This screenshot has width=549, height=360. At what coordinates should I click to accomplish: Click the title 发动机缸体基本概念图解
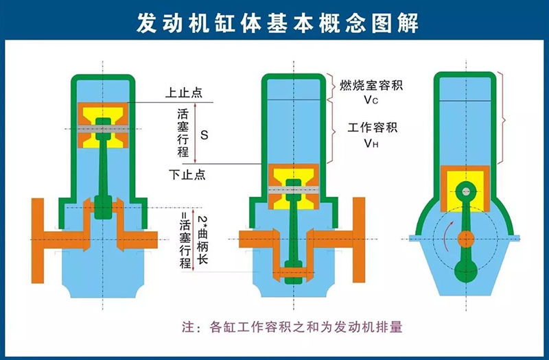point(277,23)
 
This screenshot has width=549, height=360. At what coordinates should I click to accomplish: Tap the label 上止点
point(184,93)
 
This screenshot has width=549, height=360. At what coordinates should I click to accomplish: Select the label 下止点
point(187,174)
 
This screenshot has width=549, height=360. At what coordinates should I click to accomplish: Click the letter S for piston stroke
point(204,135)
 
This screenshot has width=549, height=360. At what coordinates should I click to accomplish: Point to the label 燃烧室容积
point(371,85)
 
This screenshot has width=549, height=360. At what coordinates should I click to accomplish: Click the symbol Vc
point(371,100)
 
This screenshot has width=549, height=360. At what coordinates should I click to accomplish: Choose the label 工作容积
point(372,128)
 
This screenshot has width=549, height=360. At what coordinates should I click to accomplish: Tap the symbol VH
point(371,143)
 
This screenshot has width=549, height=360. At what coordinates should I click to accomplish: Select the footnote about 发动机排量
point(292,327)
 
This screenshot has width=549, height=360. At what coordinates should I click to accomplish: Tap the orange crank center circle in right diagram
point(466,239)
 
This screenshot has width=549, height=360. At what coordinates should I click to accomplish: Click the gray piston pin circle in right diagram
point(466,191)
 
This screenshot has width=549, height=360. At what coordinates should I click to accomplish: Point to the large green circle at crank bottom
point(466,270)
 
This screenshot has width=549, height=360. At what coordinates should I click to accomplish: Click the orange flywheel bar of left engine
point(38,241)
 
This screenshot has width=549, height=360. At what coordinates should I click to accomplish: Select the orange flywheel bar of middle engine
point(359,240)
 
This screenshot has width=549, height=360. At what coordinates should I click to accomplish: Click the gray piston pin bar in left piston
point(103,129)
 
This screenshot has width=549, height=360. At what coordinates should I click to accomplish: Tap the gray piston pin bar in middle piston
point(294,190)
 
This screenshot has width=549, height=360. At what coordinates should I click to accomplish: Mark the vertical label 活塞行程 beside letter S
point(183,133)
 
